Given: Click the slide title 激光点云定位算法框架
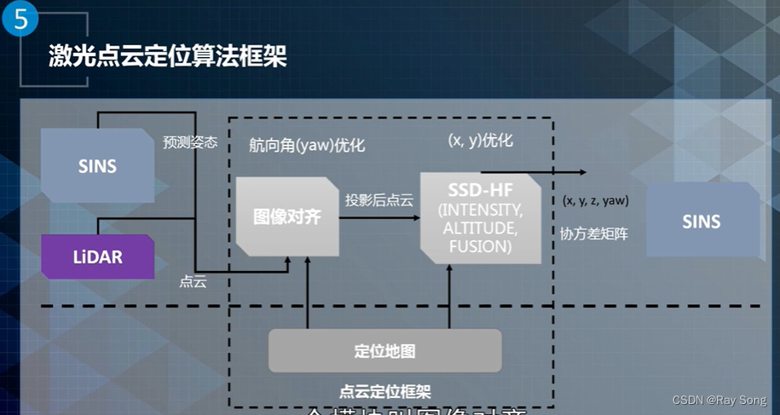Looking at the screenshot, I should [x=167, y=57].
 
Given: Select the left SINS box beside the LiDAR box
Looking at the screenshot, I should [x=97, y=166].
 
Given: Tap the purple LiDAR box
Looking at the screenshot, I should [x=97, y=256].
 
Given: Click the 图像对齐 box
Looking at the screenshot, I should [x=287, y=216].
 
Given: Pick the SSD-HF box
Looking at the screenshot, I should [x=481, y=216].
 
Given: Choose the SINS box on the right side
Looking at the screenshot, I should [x=702, y=222].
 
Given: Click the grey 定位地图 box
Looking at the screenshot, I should [x=384, y=351].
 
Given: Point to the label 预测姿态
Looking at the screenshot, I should [x=190, y=142].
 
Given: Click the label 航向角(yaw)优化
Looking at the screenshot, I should [x=307, y=145].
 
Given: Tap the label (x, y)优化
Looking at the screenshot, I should [x=481, y=141].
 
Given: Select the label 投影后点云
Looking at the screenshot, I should [x=379, y=201].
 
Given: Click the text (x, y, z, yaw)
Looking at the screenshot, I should [x=595, y=201].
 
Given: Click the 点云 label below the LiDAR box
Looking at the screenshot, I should [x=193, y=280].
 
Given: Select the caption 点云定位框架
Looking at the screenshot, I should [x=384, y=392].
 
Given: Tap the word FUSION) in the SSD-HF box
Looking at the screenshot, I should [x=480, y=246].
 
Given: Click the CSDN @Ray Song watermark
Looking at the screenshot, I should [x=719, y=400].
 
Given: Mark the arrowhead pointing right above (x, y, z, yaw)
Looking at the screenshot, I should [x=582, y=172].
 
